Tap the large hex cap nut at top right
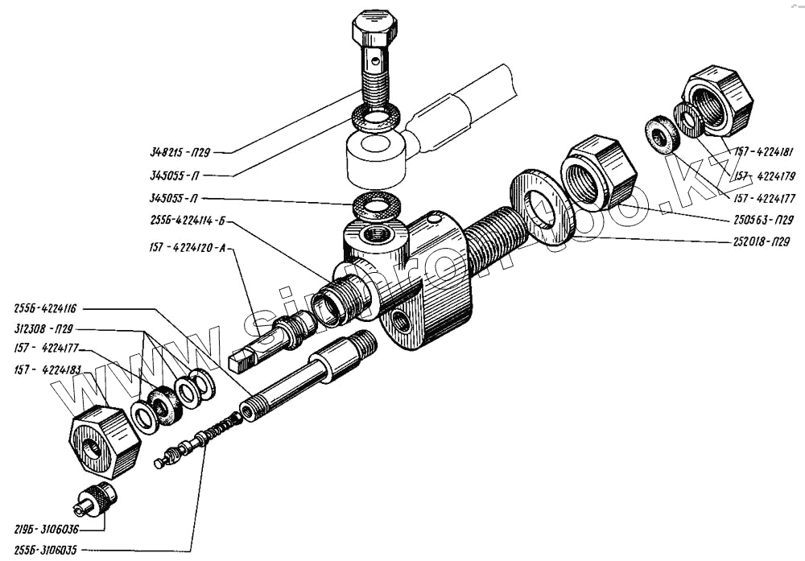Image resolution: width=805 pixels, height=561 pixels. (718, 101)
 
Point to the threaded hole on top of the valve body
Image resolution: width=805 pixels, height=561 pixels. (374, 236)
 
